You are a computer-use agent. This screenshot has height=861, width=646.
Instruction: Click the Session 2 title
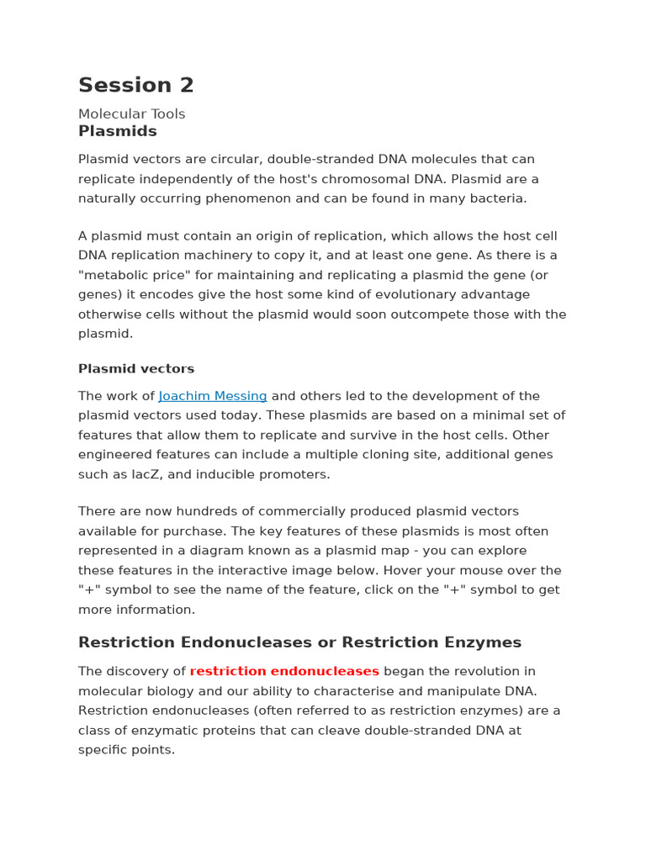135,85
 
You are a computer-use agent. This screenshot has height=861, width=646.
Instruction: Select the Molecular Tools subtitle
131,114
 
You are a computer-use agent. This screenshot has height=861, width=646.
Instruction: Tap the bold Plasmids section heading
117,131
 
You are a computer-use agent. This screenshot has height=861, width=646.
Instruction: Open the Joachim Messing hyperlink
213,396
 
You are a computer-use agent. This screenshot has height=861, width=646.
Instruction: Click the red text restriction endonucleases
284,671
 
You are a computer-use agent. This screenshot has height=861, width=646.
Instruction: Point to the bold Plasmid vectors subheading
135,368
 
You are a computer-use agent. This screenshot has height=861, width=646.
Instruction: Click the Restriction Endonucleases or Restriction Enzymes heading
299,642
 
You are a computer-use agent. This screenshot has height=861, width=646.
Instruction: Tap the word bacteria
495,198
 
